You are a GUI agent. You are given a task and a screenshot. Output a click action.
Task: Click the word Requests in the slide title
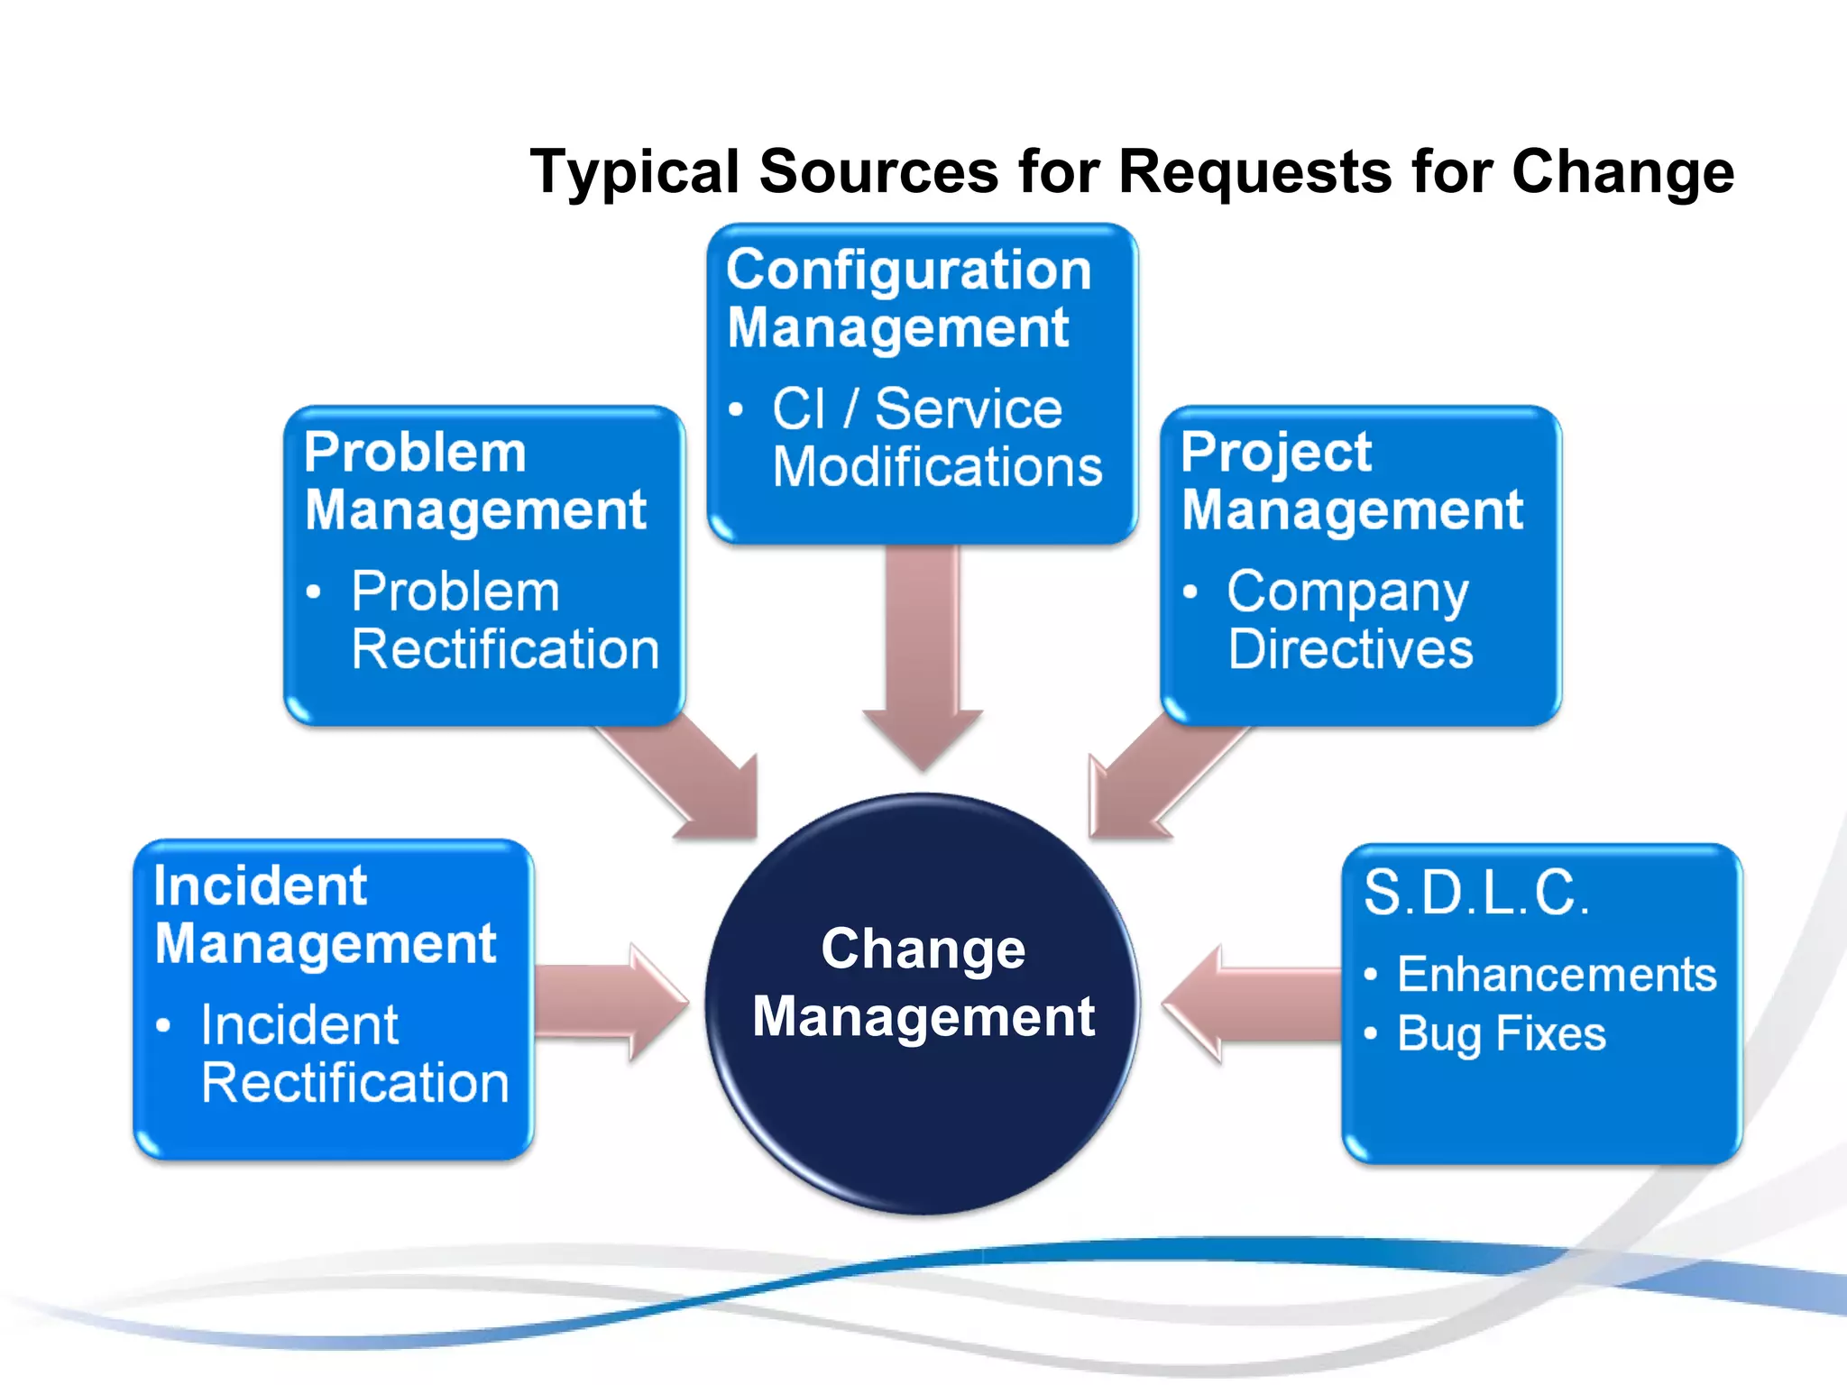1254,171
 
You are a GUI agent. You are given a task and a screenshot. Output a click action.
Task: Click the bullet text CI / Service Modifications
936,438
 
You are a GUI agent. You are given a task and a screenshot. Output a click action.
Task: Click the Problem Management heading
474,482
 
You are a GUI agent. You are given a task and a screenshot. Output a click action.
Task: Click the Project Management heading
1351,482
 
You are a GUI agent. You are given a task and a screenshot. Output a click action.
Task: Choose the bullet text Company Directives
1349,620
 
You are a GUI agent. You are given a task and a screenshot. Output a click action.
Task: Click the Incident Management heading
325,914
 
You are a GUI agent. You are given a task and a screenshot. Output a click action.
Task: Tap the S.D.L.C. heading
1475,893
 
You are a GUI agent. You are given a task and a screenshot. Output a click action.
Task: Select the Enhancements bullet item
1556,975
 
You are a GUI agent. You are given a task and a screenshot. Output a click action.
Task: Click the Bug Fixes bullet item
1501,1034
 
